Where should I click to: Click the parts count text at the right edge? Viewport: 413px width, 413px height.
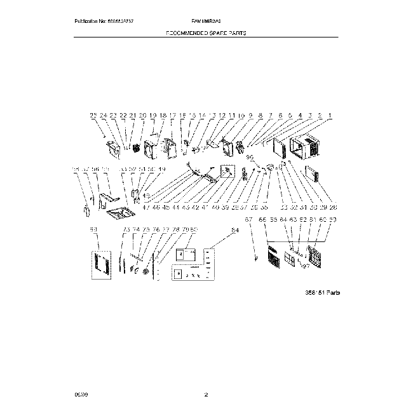point(322,292)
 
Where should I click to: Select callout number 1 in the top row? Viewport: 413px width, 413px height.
point(330,116)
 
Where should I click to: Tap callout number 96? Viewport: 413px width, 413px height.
point(249,157)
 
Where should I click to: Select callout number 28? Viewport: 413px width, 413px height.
point(334,207)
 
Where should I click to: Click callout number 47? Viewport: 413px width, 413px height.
point(146,207)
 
